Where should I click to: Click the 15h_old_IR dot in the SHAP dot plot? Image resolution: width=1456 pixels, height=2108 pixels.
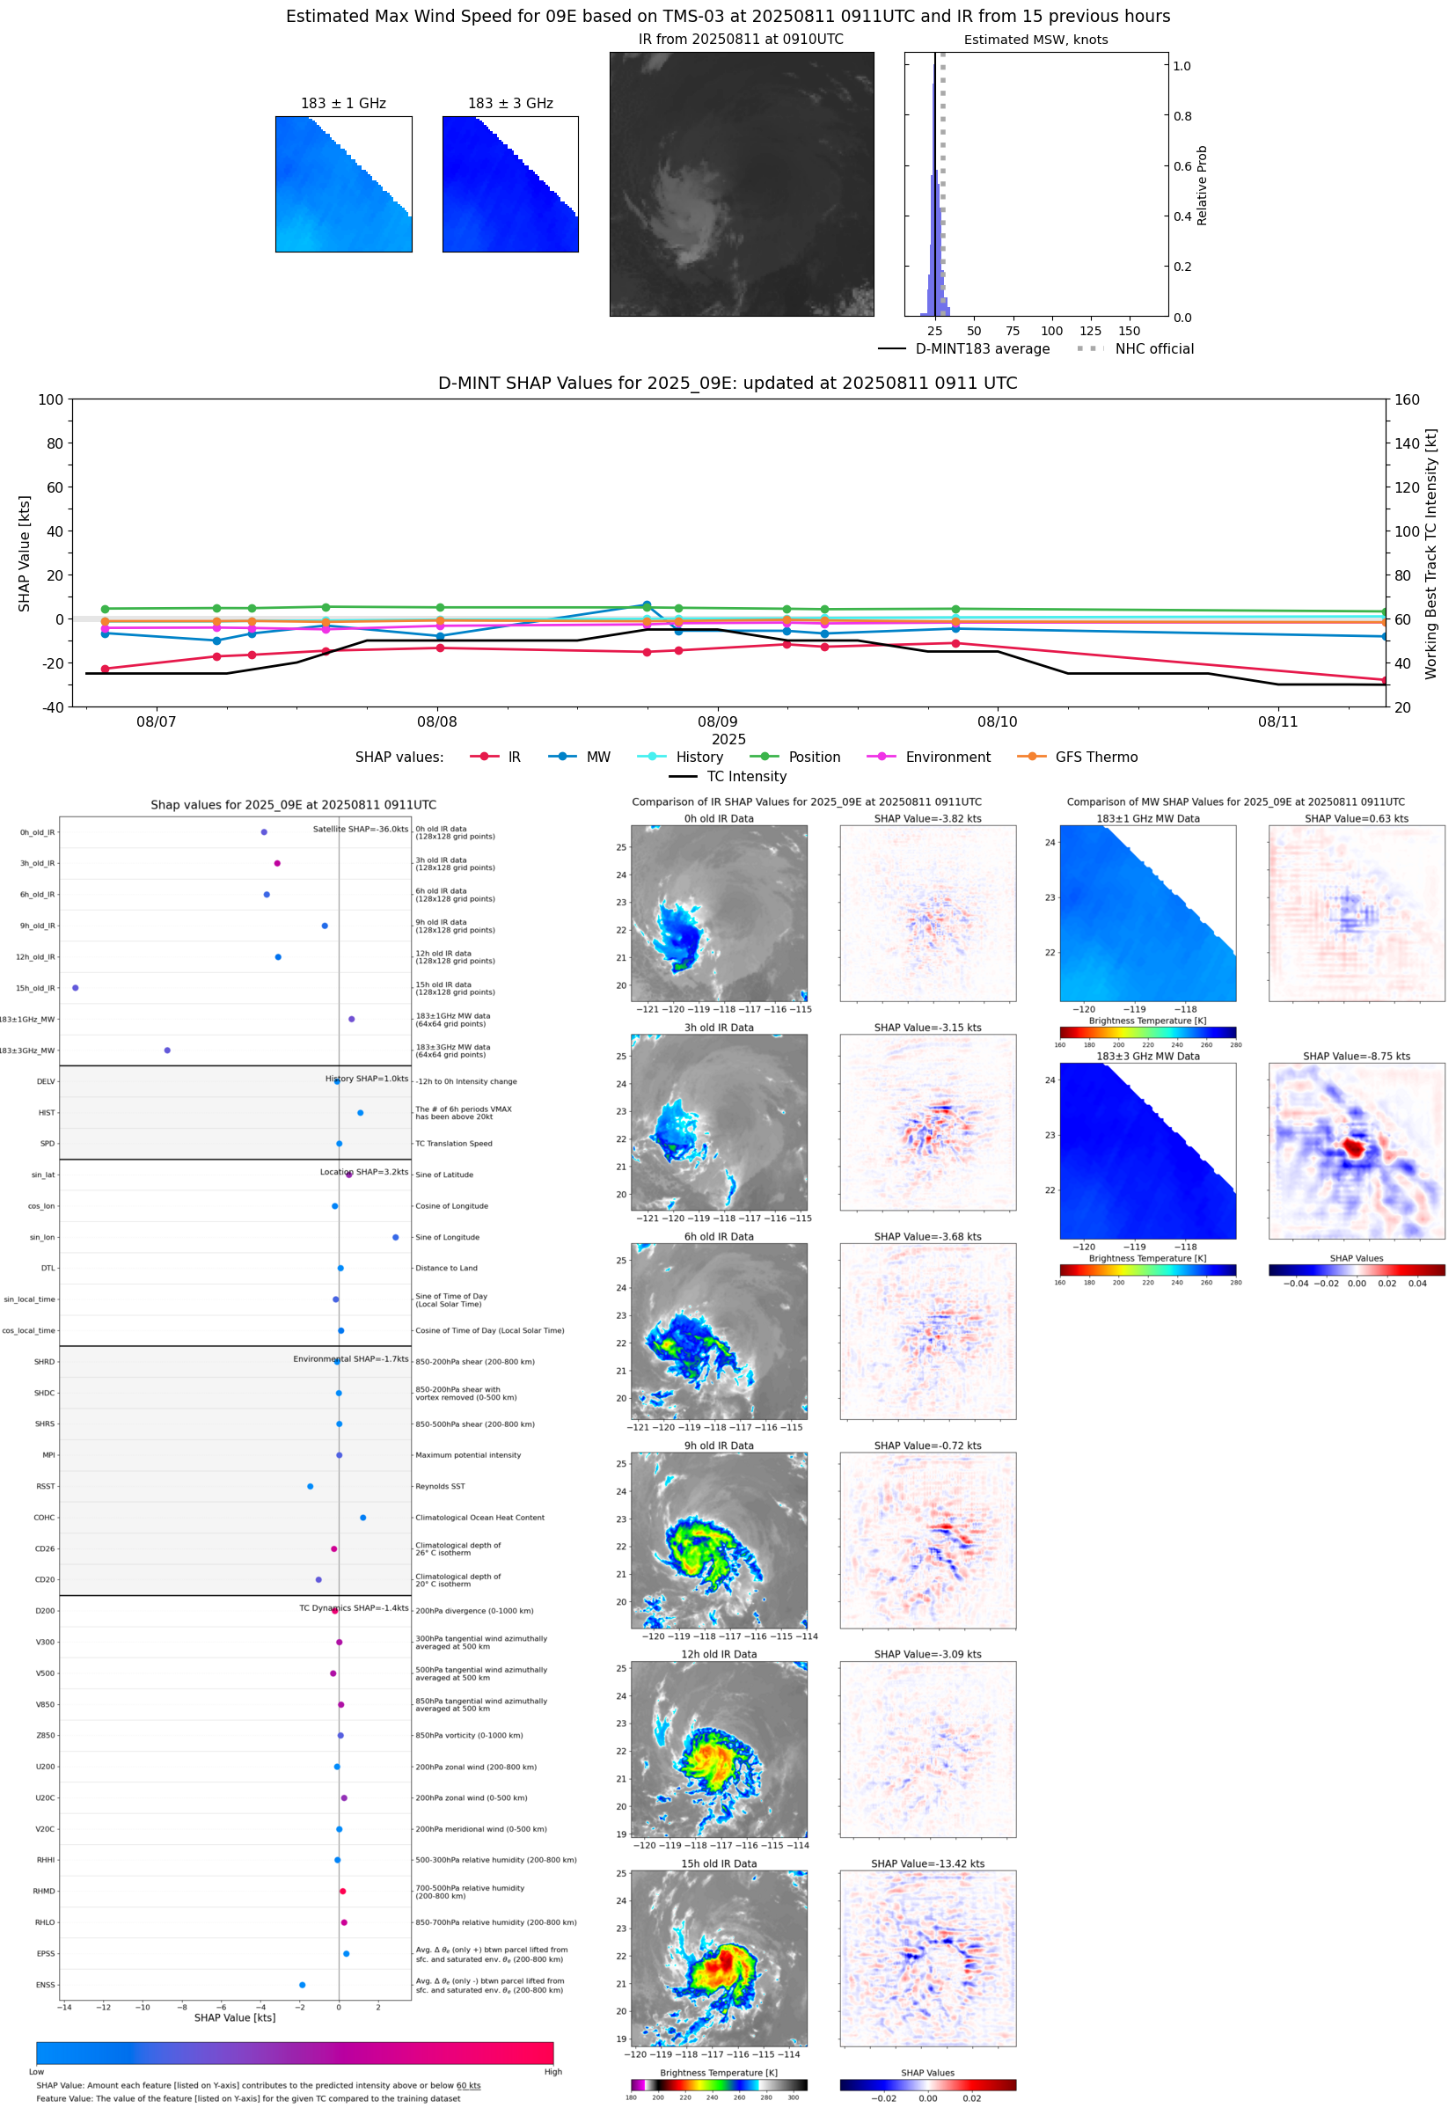[75, 988]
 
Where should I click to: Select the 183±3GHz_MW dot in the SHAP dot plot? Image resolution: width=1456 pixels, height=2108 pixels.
[167, 1050]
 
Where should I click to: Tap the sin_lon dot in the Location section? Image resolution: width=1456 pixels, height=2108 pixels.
[395, 1237]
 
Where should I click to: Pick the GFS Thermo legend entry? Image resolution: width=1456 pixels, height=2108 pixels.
[1095, 758]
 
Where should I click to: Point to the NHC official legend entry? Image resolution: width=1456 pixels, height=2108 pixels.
[1154, 348]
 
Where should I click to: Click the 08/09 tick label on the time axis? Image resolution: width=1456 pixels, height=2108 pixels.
[717, 721]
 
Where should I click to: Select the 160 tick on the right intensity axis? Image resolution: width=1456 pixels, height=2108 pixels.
[1407, 399]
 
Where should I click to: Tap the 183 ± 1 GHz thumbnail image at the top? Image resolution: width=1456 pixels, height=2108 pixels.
[344, 184]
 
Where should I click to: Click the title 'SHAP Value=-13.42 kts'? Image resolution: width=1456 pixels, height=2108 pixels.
[927, 1863]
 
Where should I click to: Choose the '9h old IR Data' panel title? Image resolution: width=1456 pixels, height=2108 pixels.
[719, 1446]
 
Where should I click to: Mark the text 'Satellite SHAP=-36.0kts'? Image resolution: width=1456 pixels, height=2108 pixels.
[361, 829]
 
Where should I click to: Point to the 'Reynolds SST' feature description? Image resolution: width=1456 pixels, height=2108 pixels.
[440, 1486]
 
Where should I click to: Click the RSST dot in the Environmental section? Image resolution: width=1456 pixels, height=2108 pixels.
[311, 1486]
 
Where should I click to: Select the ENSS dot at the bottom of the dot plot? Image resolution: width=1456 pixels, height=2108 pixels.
[302, 1985]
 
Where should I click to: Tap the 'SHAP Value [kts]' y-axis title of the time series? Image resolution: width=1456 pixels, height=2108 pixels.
[25, 553]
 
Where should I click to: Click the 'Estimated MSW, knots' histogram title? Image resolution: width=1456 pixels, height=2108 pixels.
[1035, 40]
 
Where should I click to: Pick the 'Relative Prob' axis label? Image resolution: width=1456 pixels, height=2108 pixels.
[1202, 185]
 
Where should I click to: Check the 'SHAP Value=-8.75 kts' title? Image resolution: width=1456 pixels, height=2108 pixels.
[1356, 1057]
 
